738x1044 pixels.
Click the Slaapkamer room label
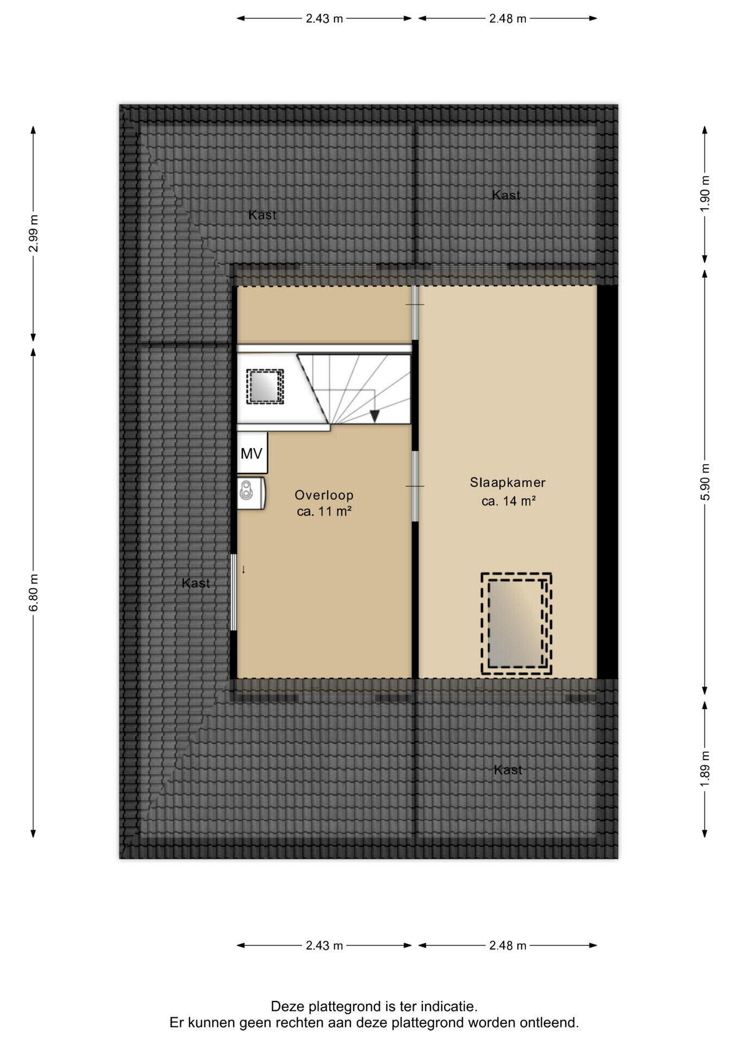click(x=508, y=482)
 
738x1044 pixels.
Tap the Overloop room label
click(x=324, y=495)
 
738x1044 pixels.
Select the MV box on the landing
click(x=252, y=453)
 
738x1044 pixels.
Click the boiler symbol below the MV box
click(x=251, y=493)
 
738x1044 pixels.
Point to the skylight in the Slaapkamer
click(x=516, y=624)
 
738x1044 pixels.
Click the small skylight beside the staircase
click(x=265, y=387)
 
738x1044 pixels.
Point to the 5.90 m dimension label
click(x=705, y=482)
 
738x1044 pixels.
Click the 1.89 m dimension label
click(x=705, y=768)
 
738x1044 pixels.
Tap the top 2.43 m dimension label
click(x=324, y=18)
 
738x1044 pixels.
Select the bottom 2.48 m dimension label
click(x=508, y=946)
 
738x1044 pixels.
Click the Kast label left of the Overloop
click(x=196, y=583)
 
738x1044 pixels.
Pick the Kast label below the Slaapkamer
click(x=508, y=770)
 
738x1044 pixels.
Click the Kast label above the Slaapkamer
click(x=506, y=195)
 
